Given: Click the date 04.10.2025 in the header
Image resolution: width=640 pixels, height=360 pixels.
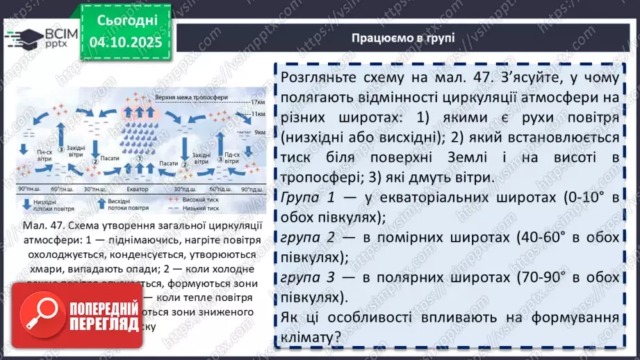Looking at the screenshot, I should point(125,44).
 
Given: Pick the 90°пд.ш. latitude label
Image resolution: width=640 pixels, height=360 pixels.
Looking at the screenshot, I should point(254,188).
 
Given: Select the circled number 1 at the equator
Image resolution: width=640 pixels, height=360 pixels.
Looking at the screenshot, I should point(140,158).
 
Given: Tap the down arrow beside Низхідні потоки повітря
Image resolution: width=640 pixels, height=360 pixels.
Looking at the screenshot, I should point(25,204).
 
